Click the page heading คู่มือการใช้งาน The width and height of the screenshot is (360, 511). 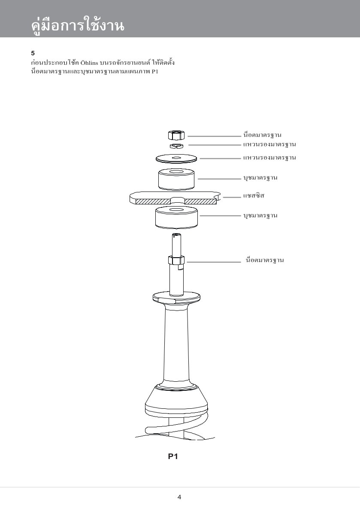78,25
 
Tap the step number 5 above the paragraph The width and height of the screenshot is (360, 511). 33,53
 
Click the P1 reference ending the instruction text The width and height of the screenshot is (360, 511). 155,71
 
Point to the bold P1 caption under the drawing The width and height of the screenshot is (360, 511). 173,456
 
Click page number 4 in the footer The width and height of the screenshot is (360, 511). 179,497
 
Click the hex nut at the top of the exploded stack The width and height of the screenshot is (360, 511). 176,134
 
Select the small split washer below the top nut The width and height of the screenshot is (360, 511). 176,146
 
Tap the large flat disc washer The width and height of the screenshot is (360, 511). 176,159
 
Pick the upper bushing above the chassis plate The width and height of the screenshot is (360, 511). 176,179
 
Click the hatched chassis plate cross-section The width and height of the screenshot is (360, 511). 176,198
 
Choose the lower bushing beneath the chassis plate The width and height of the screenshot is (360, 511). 176,217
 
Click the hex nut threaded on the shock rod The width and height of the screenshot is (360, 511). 176,260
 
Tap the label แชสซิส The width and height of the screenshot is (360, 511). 254,196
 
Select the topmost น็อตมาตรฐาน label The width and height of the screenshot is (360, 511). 262,134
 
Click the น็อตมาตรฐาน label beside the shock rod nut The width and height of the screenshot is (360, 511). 265,260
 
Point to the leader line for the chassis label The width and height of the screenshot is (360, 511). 232,197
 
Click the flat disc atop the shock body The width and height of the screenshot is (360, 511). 176,297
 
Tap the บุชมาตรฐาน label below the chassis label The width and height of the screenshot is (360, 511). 260,216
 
